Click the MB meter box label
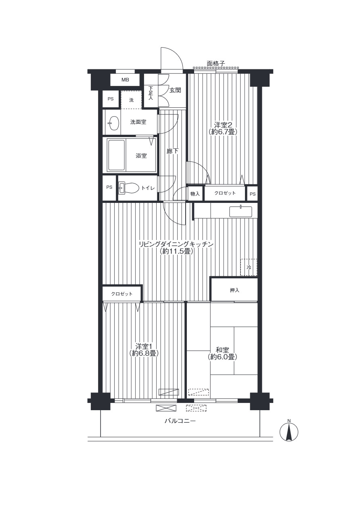click(x=125, y=80)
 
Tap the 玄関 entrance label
click(x=175, y=90)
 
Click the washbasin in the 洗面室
click(x=114, y=123)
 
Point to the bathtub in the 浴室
click(x=117, y=155)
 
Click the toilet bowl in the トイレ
click(x=129, y=188)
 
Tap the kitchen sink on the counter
click(x=241, y=211)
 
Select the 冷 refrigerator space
click(x=249, y=267)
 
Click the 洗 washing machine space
click(x=131, y=100)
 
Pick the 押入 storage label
click(x=234, y=290)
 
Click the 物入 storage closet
click(x=195, y=194)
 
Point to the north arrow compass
click(x=289, y=432)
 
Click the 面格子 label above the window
click(x=216, y=64)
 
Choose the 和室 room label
click(x=222, y=353)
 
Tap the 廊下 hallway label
click(x=173, y=151)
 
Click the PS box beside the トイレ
click(x=109, y=188)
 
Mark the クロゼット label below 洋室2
click(x=225, y=193)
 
